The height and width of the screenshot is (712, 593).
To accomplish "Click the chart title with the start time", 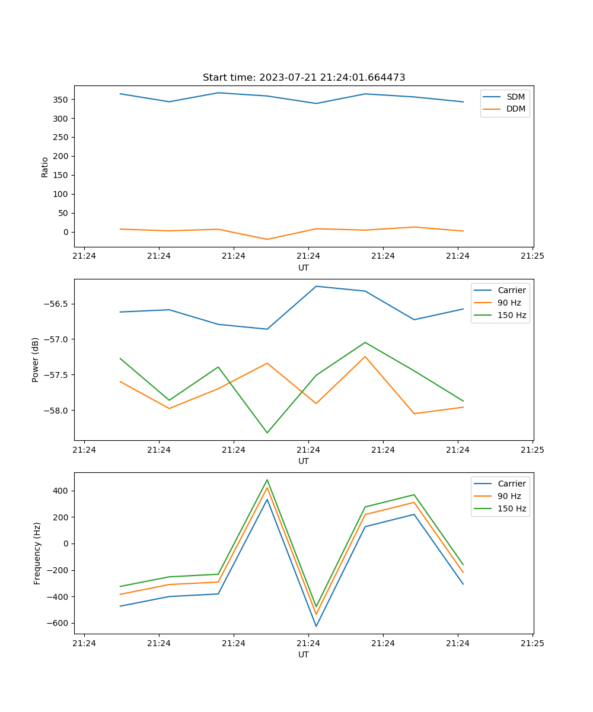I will pyautogui.click(x=304, y=78).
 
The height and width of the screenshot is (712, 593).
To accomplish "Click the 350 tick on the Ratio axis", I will pyautogui.click(x=61, y=100).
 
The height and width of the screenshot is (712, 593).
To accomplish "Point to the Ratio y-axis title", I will pyautogui.click(x=45, y=167).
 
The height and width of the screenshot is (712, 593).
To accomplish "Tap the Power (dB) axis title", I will pyautogui.click(x=36, y=360).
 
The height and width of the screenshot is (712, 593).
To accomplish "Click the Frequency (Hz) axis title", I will pyautogui.click(x=37, y=553).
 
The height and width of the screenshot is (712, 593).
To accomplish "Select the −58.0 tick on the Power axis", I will pyautogui.click(x=56, y=411).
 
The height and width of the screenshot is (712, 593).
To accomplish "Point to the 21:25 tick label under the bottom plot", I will pyautogui.click(x=532, y=643).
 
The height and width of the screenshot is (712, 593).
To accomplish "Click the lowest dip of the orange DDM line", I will pyautogui.click(x=267, y=239).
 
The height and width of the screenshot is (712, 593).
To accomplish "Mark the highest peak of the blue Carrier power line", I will pyautogui.click(x=316, y=286).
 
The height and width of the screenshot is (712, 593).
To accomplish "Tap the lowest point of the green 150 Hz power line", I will pyautogui.click(x=267, y=433).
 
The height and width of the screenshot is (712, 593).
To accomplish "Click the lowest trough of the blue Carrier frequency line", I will pyautogui.click(x=316, y=626).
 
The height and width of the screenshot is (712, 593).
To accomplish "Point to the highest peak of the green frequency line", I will pyautogui.click(x=267, y=480).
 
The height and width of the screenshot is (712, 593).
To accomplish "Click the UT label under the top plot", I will pyautogui.click(x=304, y=268).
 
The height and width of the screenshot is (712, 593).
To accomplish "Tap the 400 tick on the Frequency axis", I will pyautogui.click(x=61, y=491).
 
